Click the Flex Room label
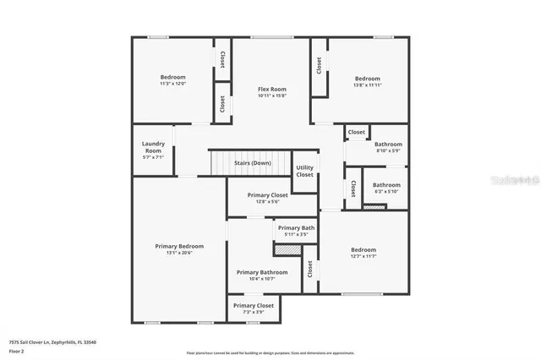point(271,89)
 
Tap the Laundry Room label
point(153,147)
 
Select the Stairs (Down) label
point(252,162)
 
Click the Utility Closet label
point(304,171)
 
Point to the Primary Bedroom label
point(179,246)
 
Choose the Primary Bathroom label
point(262,272)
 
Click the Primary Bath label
point(296,228)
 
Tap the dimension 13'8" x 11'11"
point(367,85)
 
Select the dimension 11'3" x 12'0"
point(172,84)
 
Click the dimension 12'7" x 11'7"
point(363,257)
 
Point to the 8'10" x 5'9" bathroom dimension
point(389,150)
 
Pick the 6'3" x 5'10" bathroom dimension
point(386,191)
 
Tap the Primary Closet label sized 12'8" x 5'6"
point(267,201)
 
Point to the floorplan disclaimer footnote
point(270,352)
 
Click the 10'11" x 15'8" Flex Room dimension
point(271,95)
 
